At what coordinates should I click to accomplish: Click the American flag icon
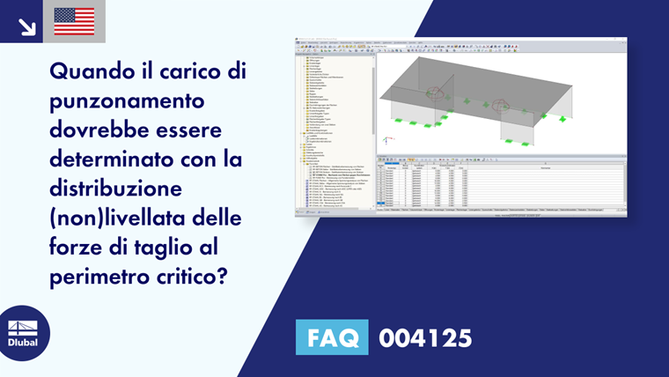(74, 21)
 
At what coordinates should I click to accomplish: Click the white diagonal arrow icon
(26, 26)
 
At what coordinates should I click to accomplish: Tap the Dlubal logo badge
(23, 333)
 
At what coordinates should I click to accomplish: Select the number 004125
(424, 336)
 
